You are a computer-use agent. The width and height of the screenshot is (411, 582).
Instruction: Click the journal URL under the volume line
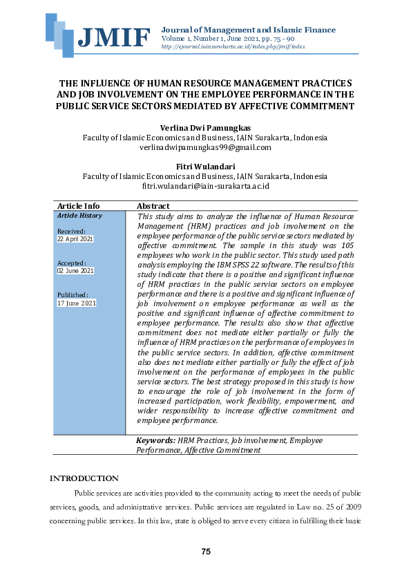(227, 47)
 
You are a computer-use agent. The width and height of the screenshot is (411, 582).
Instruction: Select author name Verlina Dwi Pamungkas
(204, 127)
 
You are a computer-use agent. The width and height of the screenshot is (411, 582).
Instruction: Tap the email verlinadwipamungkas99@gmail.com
(205, 147)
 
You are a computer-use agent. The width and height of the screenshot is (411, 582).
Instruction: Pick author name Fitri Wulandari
(205, 166)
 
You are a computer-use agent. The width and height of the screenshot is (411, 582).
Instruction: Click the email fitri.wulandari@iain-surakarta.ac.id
(205, 186)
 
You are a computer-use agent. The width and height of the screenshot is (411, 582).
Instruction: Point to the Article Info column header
(78, 206)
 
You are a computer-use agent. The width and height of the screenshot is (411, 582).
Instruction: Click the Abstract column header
(153, 206)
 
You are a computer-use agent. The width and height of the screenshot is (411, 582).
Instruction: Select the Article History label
(79, 216)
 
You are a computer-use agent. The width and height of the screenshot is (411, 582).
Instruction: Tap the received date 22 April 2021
(75, 238)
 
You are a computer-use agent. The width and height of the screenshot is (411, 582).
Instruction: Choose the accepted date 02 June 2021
(75, 270)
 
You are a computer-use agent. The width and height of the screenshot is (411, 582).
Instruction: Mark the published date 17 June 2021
(76, 303)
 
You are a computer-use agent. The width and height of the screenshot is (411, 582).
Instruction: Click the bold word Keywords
(155, 440)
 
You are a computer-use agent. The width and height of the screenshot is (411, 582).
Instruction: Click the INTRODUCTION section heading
(84, 478)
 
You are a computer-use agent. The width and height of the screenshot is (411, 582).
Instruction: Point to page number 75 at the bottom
(205, 551)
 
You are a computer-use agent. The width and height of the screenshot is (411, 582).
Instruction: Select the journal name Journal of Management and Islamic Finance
(248, 30)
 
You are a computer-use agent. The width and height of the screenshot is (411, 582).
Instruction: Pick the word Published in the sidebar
(73, 295)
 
